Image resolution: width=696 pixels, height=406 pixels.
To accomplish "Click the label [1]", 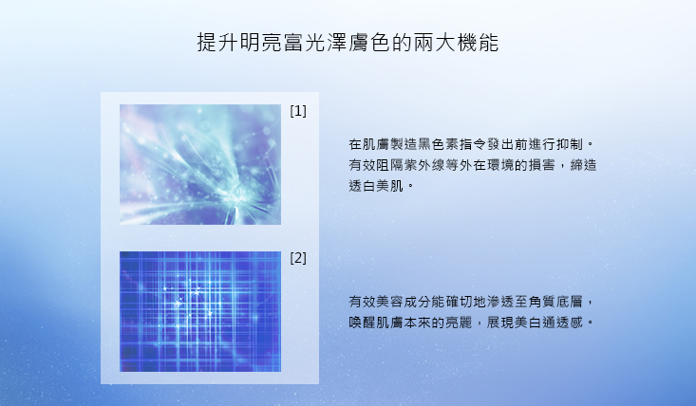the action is point(298,111).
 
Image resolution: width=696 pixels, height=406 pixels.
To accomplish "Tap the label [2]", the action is point(298,257).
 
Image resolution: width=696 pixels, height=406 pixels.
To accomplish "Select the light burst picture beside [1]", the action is point(200,164).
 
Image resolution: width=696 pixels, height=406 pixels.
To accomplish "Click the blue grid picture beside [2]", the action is point(200,311).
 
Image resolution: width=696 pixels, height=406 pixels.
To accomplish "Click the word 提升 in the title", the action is point(218,42).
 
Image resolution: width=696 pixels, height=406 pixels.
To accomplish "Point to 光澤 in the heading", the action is point(327,42).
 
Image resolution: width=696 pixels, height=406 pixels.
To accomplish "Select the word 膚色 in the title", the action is point(369,42).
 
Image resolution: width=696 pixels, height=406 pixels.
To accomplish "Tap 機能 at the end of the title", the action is point(478,42).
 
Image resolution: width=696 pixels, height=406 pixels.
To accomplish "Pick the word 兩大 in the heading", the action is point(435,42).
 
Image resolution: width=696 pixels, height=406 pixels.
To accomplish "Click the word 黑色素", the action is point(438,144).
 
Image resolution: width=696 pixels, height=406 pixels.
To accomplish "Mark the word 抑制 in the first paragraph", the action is point(569,144).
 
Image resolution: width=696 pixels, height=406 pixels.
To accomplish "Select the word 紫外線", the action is point(423,165).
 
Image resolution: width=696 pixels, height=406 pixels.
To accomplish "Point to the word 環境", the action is point(500,165).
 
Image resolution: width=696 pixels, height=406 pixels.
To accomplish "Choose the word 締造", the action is point(583,165).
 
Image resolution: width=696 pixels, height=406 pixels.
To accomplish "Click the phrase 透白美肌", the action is point(376,186).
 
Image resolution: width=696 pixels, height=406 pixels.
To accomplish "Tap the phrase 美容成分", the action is point(404,302).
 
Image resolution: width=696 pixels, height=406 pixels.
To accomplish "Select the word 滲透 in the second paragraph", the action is point(500,302).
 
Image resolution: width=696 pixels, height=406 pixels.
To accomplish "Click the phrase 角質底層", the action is point(555,302).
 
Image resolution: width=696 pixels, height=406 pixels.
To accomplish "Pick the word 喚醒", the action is point(362,323).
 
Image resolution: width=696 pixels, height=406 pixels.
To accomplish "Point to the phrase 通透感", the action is point(562,323).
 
